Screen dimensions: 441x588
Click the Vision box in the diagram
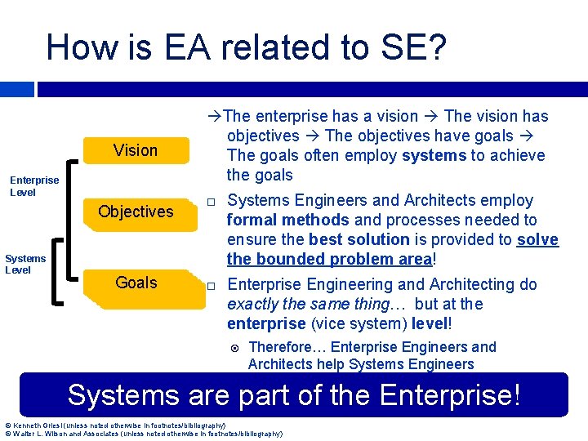coord(136,150)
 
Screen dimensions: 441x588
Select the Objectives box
coord(136,212)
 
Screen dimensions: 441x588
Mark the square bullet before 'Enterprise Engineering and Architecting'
coord(210,286)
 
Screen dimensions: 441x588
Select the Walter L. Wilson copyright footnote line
coord(144,434)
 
